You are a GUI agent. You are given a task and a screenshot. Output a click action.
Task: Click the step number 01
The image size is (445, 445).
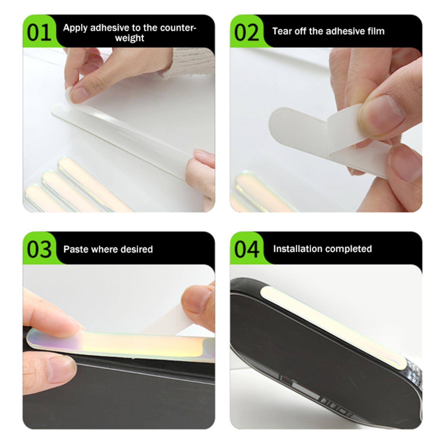[39, 33]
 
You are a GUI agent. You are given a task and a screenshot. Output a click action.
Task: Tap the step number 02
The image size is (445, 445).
[246, 33]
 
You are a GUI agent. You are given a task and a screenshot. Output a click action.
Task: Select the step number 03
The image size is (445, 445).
[39, 249]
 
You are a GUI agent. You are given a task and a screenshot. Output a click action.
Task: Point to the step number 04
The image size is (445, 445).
[247, 249]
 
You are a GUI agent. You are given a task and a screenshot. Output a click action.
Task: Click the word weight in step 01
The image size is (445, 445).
[130, 38]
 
